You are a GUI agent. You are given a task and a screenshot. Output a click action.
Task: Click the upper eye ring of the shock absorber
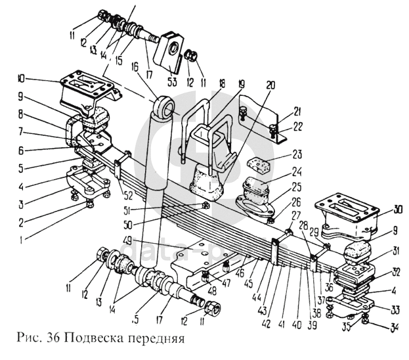click(163, 107)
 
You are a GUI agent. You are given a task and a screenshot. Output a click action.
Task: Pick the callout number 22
click(281, 127)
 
